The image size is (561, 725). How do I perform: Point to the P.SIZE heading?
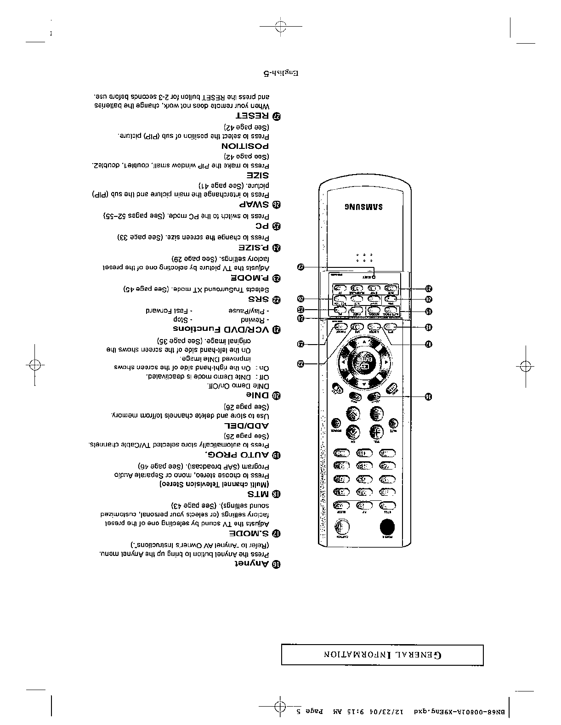click(x=253, y=248)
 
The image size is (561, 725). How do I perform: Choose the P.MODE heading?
click(x=249, y=278)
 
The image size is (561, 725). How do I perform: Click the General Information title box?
click(x=382, y=655)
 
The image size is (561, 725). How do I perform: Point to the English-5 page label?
click(x=281, y=73)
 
